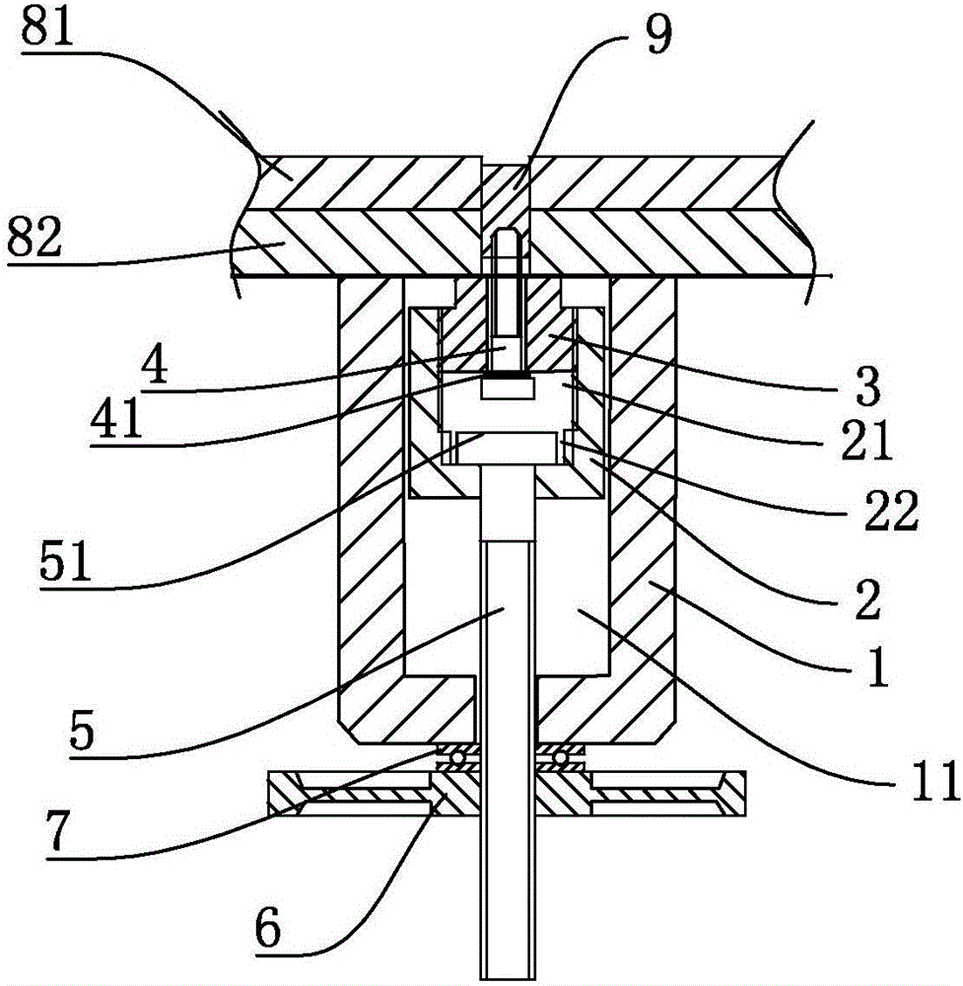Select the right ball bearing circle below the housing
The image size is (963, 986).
tap(561, 757)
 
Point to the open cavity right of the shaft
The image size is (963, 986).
tap(572, 611)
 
